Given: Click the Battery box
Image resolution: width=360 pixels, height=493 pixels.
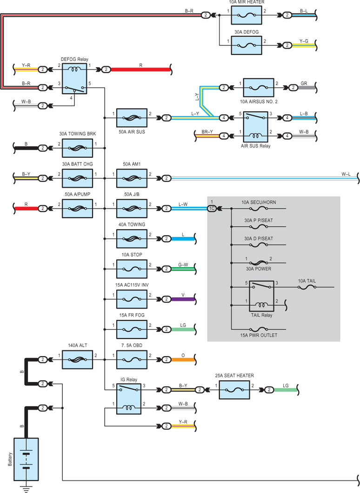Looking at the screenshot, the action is pos(26,459).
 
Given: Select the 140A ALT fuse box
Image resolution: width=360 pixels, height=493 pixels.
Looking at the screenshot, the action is pos(77,359).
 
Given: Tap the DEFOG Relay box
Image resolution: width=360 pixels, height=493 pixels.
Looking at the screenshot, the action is pos(74,78).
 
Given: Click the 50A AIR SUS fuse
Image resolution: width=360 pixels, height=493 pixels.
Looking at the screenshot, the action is pos(132,118).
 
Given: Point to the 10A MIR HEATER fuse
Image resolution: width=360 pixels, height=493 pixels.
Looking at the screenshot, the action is pos(247,15).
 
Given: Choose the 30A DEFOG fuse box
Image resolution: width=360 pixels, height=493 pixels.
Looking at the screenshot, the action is pos(247,45).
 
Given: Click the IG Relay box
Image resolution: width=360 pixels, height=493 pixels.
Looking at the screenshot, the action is pos(129,398).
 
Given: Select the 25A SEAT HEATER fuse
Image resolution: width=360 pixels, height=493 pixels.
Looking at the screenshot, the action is pos(234,390).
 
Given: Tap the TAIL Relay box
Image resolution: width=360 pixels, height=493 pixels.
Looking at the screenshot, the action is pos(262,296).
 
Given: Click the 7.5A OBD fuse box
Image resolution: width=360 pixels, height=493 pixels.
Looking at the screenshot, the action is pos(132,359).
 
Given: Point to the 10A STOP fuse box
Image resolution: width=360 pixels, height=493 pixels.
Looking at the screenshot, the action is pos(132,269).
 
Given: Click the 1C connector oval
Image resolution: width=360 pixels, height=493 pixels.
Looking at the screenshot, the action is pos(212,209).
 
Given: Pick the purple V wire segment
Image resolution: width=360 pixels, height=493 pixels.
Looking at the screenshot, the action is pos(183,299).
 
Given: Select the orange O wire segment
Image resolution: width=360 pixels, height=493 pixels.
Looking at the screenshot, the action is pos(183,359).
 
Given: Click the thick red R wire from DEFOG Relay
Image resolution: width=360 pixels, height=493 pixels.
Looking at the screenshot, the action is pos(141,69).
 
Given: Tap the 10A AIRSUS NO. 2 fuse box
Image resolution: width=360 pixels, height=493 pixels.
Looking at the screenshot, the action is pos(259,88).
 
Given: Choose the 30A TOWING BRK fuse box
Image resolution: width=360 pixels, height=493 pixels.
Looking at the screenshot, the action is pos(77,148).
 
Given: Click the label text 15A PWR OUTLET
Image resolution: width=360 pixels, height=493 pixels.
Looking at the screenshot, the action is pos(259,335).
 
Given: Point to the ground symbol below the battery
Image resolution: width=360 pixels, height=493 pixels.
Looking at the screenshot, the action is pos(26,489).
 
